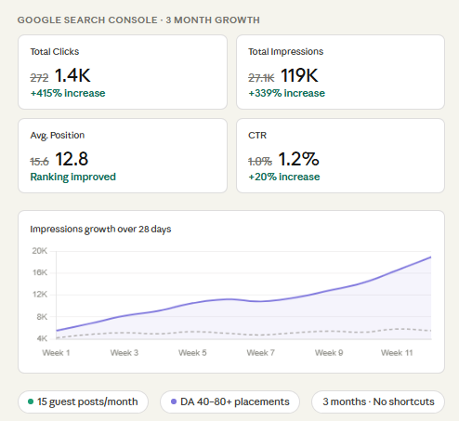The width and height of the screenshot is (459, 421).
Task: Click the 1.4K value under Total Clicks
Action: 72,75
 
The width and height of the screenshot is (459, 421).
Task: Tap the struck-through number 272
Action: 39,78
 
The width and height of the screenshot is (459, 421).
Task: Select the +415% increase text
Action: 68,93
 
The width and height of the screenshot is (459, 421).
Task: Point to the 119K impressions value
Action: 299,75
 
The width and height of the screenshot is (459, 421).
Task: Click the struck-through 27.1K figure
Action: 261,78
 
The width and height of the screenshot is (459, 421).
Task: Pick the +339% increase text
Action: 287,93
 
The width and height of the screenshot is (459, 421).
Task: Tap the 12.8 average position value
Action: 72,159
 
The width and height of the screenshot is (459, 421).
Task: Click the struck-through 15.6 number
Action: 39,162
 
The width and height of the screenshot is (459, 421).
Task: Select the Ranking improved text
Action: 73,177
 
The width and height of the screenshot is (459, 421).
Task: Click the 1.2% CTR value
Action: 298,159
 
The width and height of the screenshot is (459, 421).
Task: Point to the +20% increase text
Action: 284,177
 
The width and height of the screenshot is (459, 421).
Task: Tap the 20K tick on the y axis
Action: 40,251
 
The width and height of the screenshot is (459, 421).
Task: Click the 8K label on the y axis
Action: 42,317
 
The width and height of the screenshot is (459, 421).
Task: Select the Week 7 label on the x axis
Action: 260,353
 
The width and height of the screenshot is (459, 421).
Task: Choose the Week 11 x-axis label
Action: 397,353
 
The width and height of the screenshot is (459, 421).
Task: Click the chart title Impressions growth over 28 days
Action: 100,230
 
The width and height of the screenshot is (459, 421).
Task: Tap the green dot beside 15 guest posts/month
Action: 31,401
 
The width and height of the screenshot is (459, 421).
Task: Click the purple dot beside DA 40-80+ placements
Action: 174,401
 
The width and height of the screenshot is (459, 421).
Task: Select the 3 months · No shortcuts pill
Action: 378,401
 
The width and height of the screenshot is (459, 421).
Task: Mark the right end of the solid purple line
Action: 431,257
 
